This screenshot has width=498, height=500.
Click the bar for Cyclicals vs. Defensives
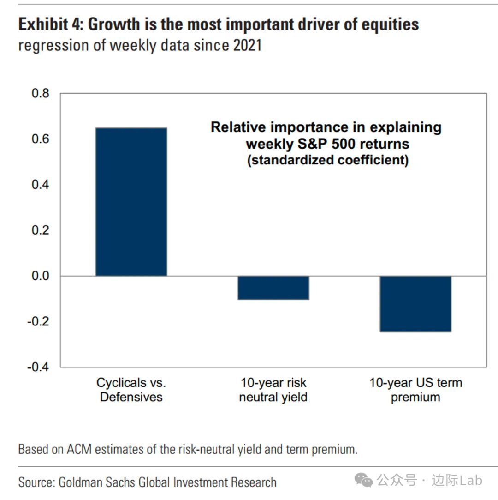131,202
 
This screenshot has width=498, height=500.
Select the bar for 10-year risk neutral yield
273,288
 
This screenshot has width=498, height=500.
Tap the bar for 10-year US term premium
415,304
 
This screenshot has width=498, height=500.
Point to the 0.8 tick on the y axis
40,94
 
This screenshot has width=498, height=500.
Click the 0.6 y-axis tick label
40,139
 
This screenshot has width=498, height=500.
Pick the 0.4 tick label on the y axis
40,185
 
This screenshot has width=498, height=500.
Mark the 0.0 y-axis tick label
40,276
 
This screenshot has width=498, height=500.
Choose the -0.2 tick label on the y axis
38,321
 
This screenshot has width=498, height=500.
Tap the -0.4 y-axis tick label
38,367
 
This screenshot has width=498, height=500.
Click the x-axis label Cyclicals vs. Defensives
131,390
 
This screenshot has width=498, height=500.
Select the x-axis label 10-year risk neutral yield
273,390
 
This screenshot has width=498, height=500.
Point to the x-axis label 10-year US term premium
415,390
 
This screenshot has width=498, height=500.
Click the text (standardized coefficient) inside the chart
328,161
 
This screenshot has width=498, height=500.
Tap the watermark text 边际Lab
456,480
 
